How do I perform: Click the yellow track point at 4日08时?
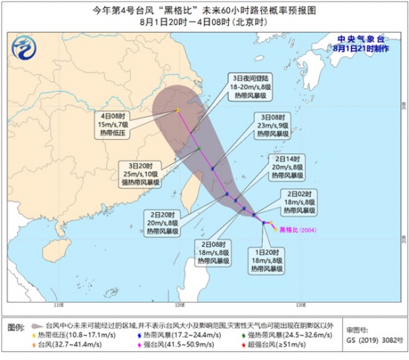178,111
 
